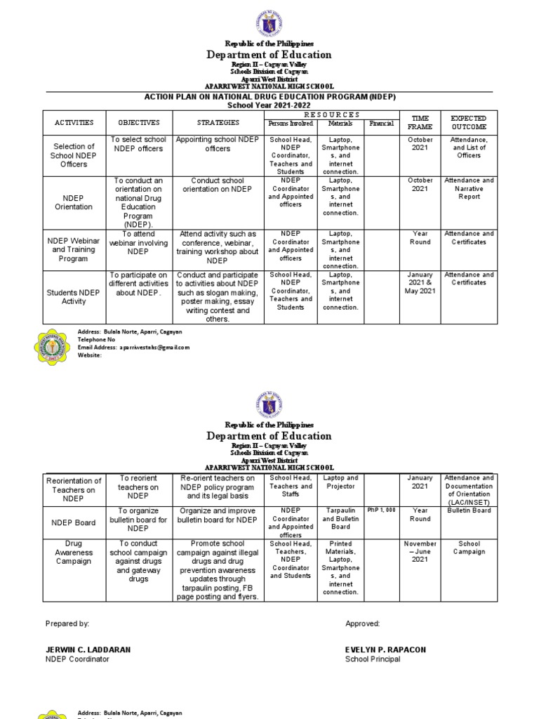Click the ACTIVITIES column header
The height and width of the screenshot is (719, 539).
point(74,123)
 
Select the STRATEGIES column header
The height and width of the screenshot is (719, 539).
point(218,123)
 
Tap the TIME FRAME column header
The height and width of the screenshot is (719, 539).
point(420,123)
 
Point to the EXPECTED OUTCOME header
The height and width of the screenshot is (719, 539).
point(469,123)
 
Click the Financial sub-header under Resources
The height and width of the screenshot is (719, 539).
point(382,124)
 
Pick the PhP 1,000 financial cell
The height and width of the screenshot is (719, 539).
point(382,511)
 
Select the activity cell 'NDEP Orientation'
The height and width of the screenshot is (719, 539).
point(74,202)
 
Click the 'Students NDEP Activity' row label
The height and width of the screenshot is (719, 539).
point(74,296)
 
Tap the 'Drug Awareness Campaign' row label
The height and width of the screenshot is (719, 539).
point(74,553)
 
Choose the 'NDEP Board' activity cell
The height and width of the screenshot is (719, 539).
point(74,523)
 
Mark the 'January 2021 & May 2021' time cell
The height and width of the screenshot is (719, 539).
point(420,283)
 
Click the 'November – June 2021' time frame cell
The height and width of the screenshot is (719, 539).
point(420,552)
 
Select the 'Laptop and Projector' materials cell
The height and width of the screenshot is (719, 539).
point(340,482)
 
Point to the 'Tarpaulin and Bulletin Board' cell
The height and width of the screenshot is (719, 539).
point(340,519)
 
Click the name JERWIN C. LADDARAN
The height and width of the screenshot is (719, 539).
point(88,650)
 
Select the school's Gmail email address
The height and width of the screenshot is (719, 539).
point(154,348)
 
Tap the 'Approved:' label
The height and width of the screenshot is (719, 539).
point(362,624)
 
